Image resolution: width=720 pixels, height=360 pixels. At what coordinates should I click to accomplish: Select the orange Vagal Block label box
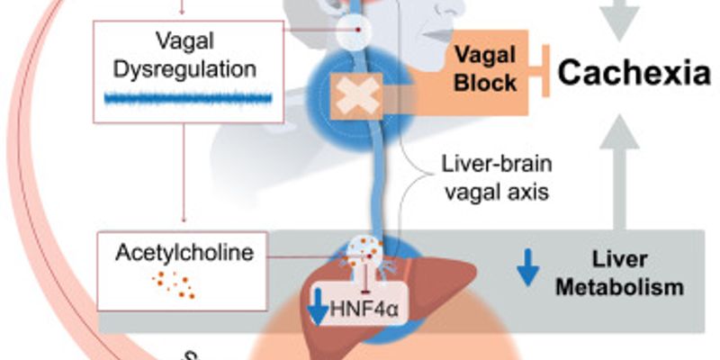(485, 70)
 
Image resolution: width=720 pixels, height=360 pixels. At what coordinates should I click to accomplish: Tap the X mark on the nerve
(359, 94)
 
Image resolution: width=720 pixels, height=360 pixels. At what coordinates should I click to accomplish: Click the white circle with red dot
(359, 31)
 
